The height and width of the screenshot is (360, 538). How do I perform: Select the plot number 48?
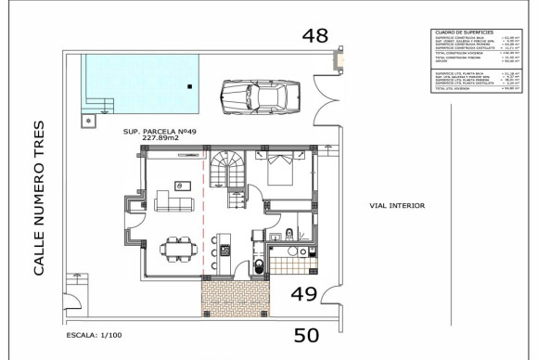pyautogui.click(x=316, y=36)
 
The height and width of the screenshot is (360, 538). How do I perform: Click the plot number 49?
pyautogui.click(x=306, y=294)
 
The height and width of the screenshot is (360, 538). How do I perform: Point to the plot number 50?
pyautogui.click(x=306, y=335)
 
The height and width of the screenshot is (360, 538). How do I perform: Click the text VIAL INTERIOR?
pyautogui.click(x=396, y=205)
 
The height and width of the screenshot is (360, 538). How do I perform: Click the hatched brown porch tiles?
pyautogui.click(x=235, y=297)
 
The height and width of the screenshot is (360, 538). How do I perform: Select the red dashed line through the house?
pyautogui.click(x=203, y=213)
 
